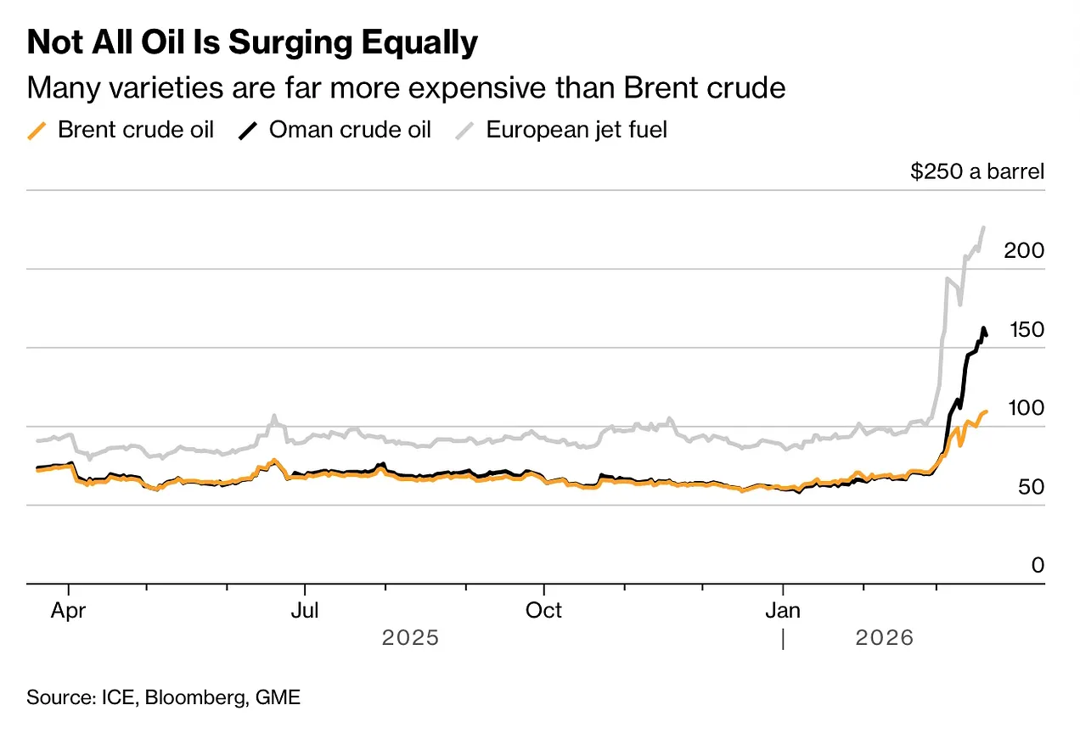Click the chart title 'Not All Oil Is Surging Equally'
[252, 43]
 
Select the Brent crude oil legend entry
[121, 130]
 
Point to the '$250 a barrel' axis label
[976, 171]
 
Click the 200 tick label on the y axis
[1023, 251]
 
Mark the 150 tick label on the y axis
[1023, 330]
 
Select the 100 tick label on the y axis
[1023, 408]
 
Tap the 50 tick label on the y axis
[1028, 487]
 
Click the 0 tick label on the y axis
[1038, 565]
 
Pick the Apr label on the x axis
[68, 611]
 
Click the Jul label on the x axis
[304, 611]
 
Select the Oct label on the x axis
[543, 611]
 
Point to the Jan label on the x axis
[783, 611]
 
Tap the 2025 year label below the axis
[410, 637]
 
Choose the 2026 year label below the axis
[884, 637]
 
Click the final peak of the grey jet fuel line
[983, 227]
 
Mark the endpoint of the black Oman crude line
[986, 335]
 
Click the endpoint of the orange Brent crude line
[986, 411]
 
